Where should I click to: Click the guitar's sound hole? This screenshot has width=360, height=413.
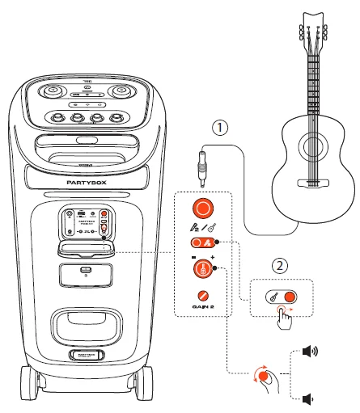tap(310, 147)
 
